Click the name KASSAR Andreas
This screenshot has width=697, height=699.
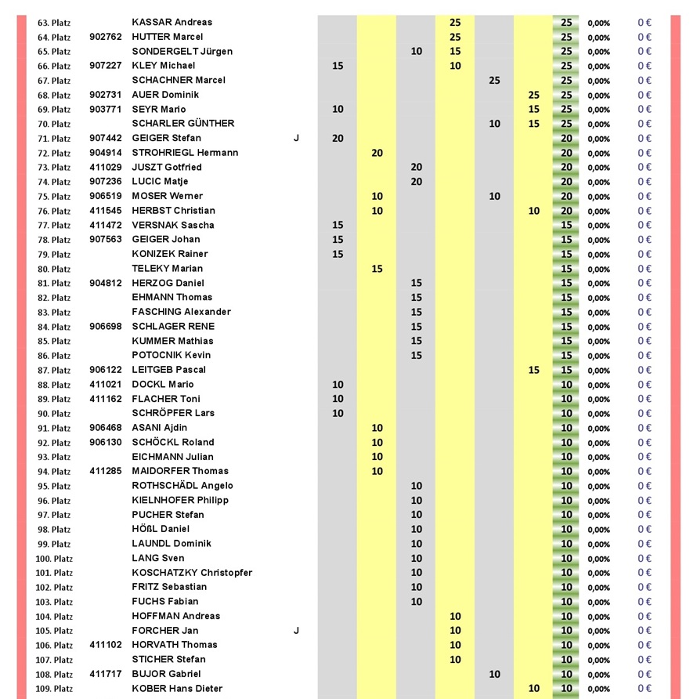coord(172,22)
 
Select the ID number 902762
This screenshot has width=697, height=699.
coord(106,37)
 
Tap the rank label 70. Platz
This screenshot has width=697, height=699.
coord(54,124)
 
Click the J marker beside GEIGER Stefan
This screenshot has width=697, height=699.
coord(296,138)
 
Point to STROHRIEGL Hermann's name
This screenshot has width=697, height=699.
coord(185,153)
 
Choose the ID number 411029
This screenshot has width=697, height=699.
coord(106,167)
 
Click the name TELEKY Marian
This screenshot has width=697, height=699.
coord(168,268)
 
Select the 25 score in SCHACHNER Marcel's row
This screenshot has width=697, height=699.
coord(494,80)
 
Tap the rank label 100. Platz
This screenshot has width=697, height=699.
coord(54,559)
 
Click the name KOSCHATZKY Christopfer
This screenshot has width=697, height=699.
coord(192,572)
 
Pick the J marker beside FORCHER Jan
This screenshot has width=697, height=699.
coord(296,630)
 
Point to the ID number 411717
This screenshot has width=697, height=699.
coord(106,674)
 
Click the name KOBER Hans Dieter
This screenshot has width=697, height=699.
coord(177,688)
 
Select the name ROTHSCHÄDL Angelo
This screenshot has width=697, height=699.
coord(182,486)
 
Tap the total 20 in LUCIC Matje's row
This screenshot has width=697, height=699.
coord(566,182)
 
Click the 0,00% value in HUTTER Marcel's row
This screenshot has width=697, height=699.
coord(598,38)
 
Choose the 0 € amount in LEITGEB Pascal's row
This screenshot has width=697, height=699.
coord(645,370)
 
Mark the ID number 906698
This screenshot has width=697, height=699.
coord(106,326)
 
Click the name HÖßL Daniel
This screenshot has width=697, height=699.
coord(161,529)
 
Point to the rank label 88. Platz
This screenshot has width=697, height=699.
coord(54,385)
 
